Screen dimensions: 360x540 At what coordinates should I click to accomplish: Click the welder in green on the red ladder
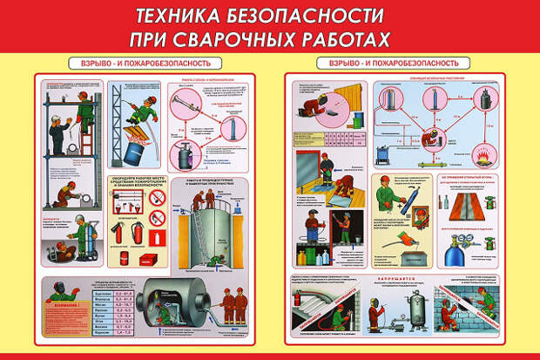(x=86, y=108)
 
